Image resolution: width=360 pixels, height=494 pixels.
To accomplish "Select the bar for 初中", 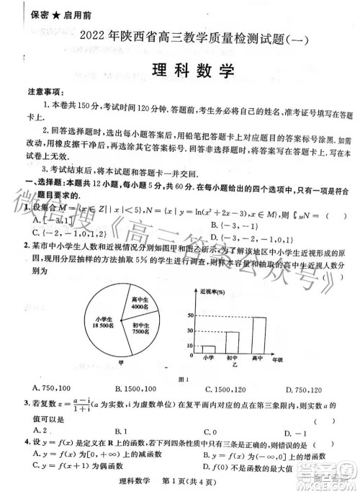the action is (233, 341).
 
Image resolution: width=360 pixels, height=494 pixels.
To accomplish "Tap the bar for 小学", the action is (208, 349).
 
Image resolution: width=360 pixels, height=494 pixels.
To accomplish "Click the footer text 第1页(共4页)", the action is (192, 478).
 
